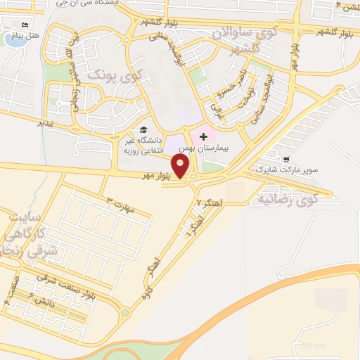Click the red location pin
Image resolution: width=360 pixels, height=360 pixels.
point(181,165)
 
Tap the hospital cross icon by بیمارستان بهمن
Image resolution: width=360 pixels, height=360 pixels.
point(204,135)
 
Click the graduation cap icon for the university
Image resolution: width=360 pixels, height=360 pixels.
point(143,130)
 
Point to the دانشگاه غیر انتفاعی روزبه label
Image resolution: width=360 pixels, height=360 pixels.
point(145,146)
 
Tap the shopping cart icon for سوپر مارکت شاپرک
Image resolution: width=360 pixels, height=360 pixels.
point(287,159)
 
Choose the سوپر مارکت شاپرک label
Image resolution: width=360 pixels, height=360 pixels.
point(287,170)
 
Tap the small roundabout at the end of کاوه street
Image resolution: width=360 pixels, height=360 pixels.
point(124,313)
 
